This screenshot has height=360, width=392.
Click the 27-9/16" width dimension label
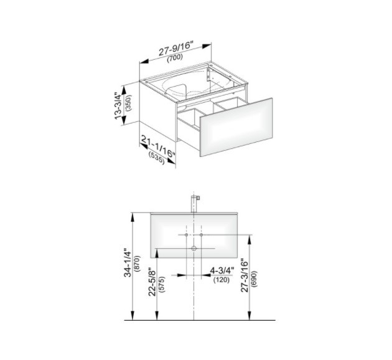click(176, 49)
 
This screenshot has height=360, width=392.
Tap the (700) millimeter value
click(175, 57)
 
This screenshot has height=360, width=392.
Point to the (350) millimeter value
click(129, 103)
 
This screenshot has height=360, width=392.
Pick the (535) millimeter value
click(157, 158)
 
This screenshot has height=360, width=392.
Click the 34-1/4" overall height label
click(128, 262)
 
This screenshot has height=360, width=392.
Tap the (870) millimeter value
click(138, 263)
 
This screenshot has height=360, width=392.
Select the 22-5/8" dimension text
click(152, 283)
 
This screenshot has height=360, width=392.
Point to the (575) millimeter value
click(162, 284)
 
